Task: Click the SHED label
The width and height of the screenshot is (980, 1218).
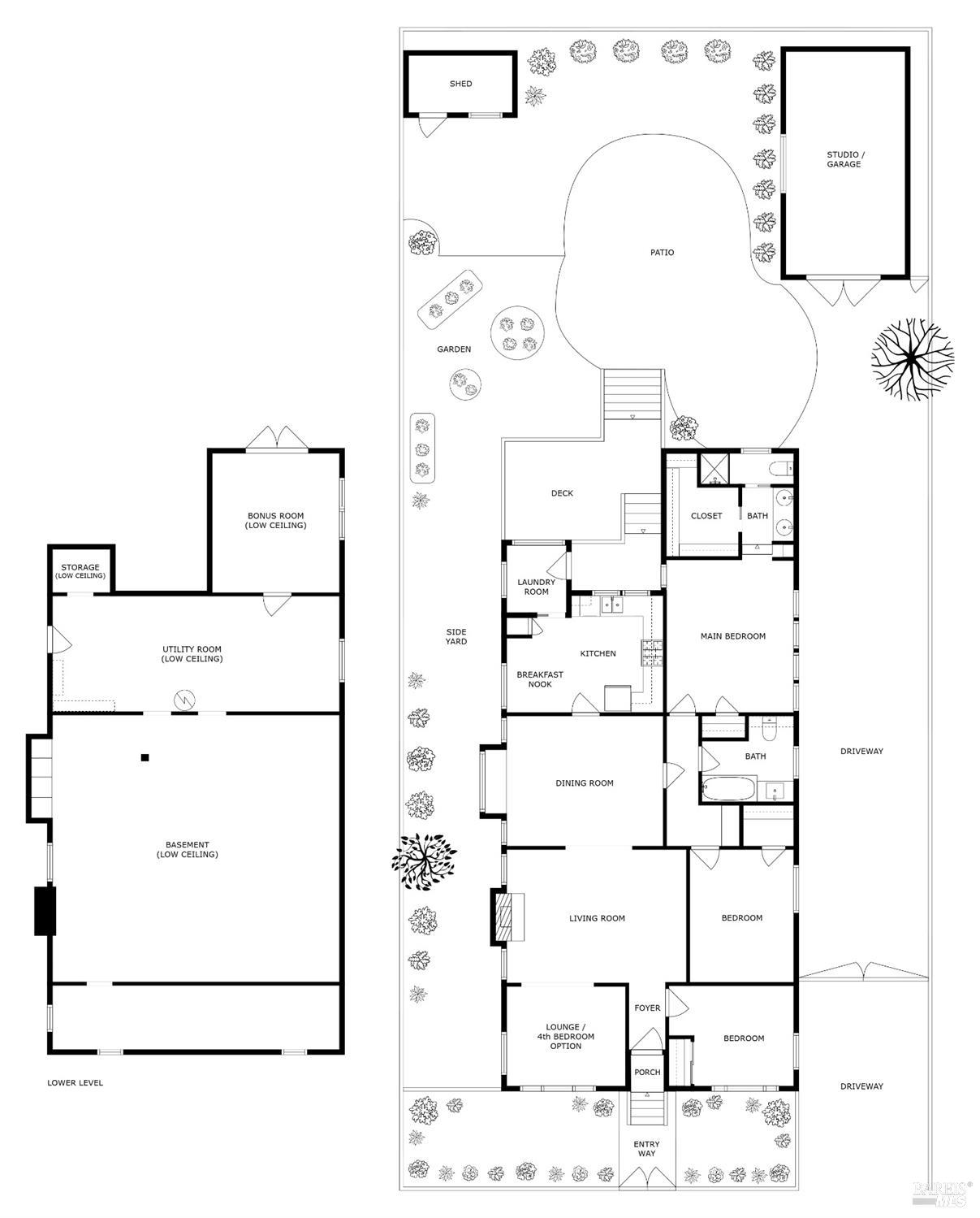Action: [x=460, y=84]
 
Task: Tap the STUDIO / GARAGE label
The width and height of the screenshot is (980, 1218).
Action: [x=844, y=159]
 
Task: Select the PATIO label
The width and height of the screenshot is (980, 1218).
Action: [x=662, y=253]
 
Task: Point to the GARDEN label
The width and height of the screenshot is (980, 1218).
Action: [x=454, y=349]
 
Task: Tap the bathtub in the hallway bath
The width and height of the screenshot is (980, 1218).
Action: [x=728, y=789]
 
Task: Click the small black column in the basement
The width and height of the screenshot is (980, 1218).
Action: [x=145, y=758]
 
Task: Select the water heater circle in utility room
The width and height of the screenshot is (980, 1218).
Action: [x=186, y=699]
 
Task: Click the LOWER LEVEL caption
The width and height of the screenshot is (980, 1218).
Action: [x=75, y=1082]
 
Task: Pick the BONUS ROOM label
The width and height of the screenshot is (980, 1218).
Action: [x=275, y=521]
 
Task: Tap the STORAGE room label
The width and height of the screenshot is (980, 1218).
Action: [x=80, y=571]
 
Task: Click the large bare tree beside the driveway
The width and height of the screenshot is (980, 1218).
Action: [x=912, y=358]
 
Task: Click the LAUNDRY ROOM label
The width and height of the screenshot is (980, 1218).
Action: [x=536, y=587]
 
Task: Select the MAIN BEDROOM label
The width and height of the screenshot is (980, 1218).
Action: [x=732, y=636]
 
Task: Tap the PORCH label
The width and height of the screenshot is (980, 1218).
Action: [x=647, y=1073]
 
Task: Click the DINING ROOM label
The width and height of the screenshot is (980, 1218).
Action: [x=584, y=783]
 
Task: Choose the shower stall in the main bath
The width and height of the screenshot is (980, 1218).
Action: [x=715, y=470]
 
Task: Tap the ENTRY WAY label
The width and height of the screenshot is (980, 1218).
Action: [x=646, y=1149]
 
